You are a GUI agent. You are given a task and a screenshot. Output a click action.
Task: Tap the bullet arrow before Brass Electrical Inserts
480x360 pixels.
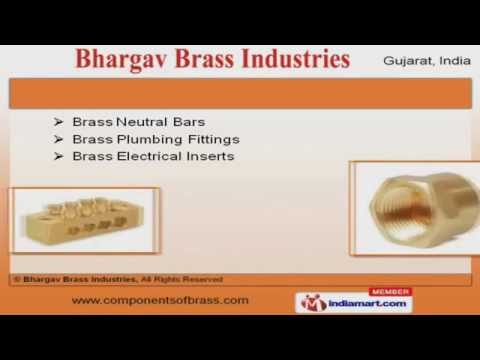pos(60,157)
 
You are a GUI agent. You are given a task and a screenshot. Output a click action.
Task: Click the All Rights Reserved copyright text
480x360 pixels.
pos(181,279)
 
